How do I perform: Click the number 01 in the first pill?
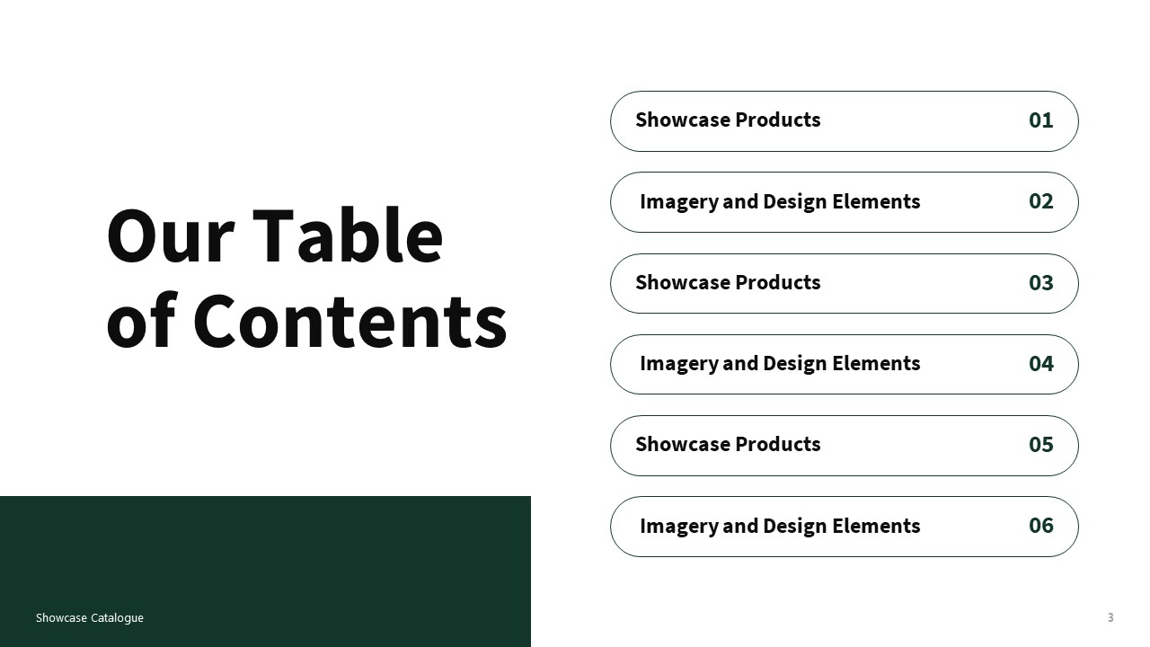pyautogui.click(x=1040, y=120)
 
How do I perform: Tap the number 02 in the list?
pyautogui.click(x=1040, y=201)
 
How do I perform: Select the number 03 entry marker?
pyautogui.click(x=1040, y=283)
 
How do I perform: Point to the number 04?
pyautogui.click(x=1040, y=364)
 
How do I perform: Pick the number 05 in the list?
pyautogui.click(x=1040, y=445)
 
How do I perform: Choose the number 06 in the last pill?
pyautogui.click(x=1040, y=526)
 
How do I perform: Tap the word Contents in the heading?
pyautogui.click(x=349, y=321)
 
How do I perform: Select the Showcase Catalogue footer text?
pyautogui.click(x=90, y=618)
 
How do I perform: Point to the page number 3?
pyautogui.click(x=1110, y=617)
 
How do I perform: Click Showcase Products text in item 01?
pyautogui.click(x=728, y=120)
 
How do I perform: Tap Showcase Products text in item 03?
pyautogui.click(x=728, y=283)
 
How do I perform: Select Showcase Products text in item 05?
pyautogui.click(x=728, y=445)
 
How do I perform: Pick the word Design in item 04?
pyautogui.click(x=795, y=364)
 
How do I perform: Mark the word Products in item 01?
pyautogui.click(x=778, y=120)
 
